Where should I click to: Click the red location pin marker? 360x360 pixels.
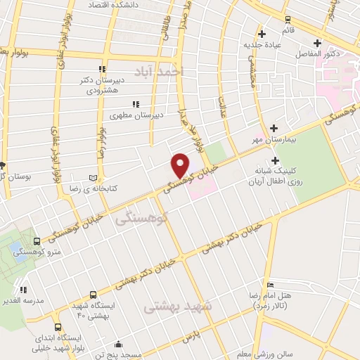tap(181, 165)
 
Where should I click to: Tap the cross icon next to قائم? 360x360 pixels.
tap(262, 33)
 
